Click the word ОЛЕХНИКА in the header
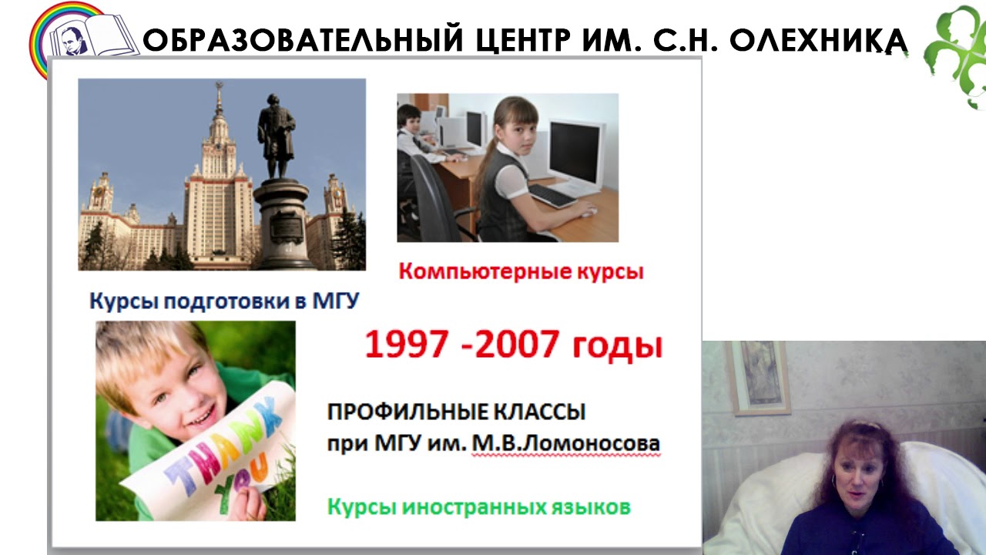818,40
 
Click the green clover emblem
954,57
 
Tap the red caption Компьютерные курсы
522,271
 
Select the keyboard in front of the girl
553,196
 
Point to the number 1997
407,344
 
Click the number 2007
517,344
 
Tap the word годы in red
618,347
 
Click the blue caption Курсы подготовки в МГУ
224,301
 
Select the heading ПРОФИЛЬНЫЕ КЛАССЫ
457,412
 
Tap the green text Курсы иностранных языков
479,507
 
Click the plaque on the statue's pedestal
287,227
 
